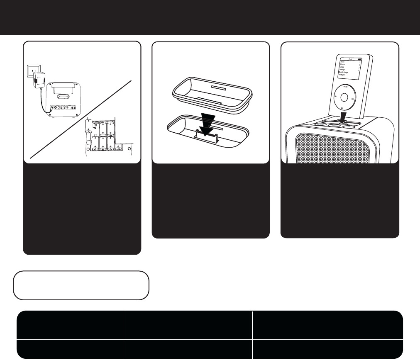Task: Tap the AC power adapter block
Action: coord(39,80)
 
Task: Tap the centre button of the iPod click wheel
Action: coord(344,98)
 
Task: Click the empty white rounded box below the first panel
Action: coord(81,285)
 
